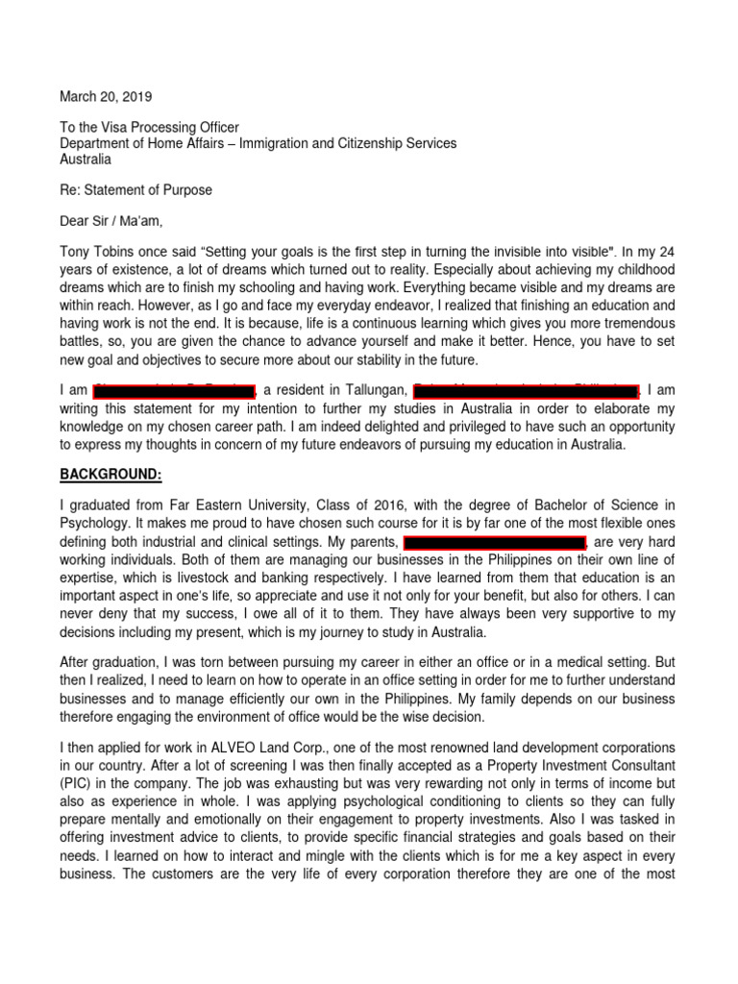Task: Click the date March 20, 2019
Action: tap(106, 97)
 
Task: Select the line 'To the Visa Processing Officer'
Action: tap(150, 128)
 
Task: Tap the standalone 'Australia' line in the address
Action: tap(86, 160)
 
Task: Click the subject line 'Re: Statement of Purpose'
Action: tap(135, 190)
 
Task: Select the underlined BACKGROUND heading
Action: tap(111, 476)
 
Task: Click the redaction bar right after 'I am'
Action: tap(174, 391)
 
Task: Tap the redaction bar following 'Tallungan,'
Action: tap(526, 391)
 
